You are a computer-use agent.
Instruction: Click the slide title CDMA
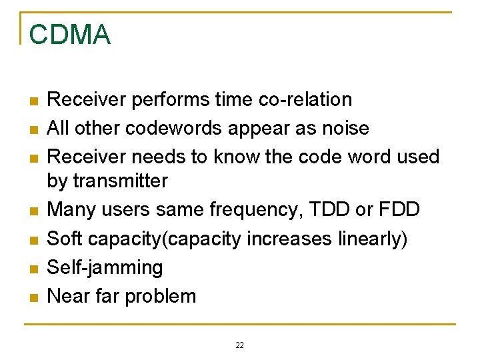(70, 35)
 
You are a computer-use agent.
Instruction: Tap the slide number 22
(240, 345)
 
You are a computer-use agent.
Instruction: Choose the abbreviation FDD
(399, 209)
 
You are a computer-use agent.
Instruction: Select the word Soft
(68, 239)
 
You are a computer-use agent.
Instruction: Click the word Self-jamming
(105, 268)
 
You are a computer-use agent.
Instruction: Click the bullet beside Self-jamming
(31, 269)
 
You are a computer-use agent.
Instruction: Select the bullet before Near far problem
(31, 297)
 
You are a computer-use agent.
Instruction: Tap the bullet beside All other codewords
(31, 129)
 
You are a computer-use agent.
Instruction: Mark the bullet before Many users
(31, 211)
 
